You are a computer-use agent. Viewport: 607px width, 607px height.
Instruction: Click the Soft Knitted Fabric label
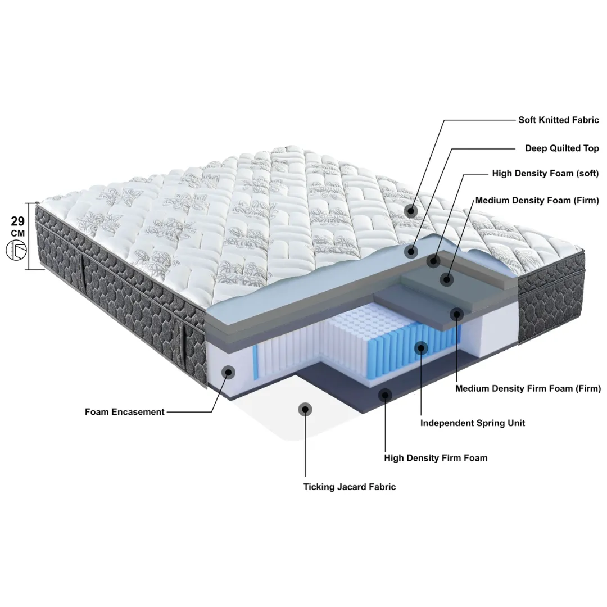(x=559, y=120)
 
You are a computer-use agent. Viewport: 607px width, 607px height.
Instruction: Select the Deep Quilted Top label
(x=561, y=148)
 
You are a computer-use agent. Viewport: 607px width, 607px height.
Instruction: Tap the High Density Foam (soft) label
(x=545, y=174)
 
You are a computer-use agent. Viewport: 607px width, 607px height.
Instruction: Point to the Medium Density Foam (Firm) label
(x=537, y=201)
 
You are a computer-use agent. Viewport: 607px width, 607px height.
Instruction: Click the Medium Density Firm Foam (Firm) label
(x=528, y=389)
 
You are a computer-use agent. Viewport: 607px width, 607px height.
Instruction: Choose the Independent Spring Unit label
(x=472, y=423)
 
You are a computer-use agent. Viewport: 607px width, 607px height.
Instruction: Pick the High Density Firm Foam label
(x=436, y=458)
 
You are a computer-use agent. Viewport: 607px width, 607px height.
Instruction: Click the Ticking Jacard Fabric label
(x=349, y=487)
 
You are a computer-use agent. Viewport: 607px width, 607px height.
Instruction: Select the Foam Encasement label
(x=125, y=412)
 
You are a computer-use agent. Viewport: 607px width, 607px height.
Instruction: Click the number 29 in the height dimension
(x=18, y=221)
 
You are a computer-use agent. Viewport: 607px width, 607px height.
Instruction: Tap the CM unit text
(x=18, y=233)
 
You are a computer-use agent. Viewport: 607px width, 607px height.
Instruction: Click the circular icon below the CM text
(x=16, y=250)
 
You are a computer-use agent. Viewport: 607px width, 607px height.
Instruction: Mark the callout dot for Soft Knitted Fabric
(x=411, y=211)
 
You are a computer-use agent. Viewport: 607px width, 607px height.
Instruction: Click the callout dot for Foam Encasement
(x=228, y=373)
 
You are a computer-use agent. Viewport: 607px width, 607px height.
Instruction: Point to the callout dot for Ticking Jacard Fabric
(x=305, y=409)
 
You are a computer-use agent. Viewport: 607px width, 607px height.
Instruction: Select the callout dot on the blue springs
(x=421, y=348)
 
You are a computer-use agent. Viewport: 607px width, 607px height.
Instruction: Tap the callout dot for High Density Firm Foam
(x=385, y=395)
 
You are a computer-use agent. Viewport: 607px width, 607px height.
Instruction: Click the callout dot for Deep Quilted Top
(x=411, y=252)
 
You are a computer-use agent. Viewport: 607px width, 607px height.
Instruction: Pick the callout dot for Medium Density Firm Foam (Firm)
(x=457, y=314)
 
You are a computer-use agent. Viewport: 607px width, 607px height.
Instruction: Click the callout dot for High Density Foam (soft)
(x=433, y=261)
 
